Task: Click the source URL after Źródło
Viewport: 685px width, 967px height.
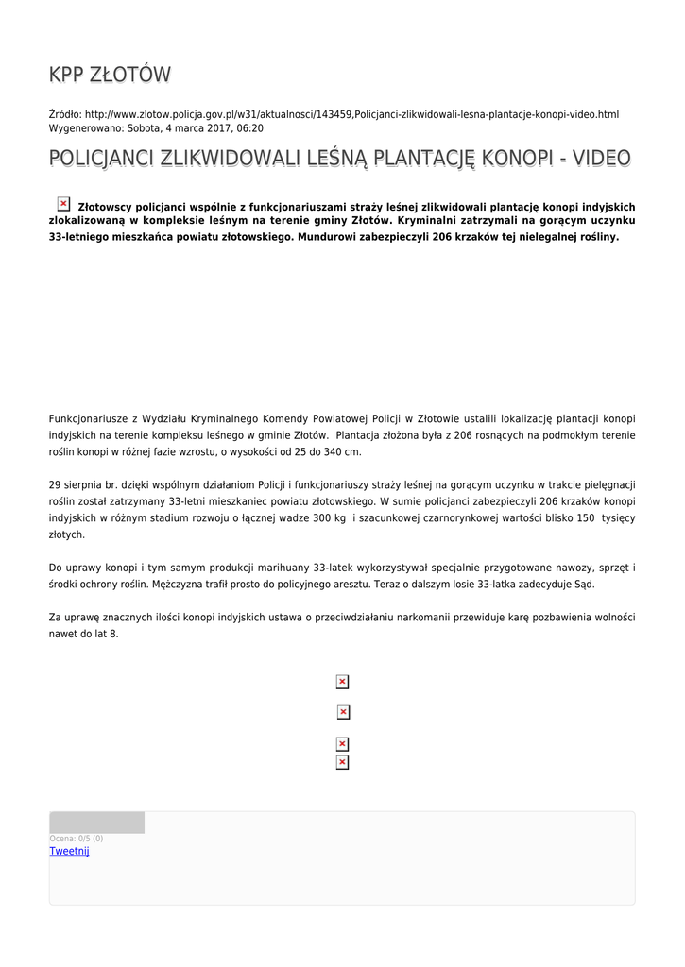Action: pos(351,114)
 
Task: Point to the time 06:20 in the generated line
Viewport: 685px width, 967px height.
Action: pos(250,128)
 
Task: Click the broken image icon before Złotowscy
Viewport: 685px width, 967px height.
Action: pos(63,204)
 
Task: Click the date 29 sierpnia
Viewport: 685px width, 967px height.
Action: pos(80,485)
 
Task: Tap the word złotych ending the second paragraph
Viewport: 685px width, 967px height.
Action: pos(66,534)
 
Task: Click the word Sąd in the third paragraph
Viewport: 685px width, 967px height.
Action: pos(586,585)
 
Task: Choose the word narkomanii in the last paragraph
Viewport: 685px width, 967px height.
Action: pos(470,618)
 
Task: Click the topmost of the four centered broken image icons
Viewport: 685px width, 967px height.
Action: pos(342,682)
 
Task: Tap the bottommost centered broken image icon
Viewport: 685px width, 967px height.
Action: pos(342,762)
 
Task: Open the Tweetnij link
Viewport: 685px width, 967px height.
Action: pos(69,851)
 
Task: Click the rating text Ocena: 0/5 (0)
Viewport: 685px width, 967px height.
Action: pos(76,839)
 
